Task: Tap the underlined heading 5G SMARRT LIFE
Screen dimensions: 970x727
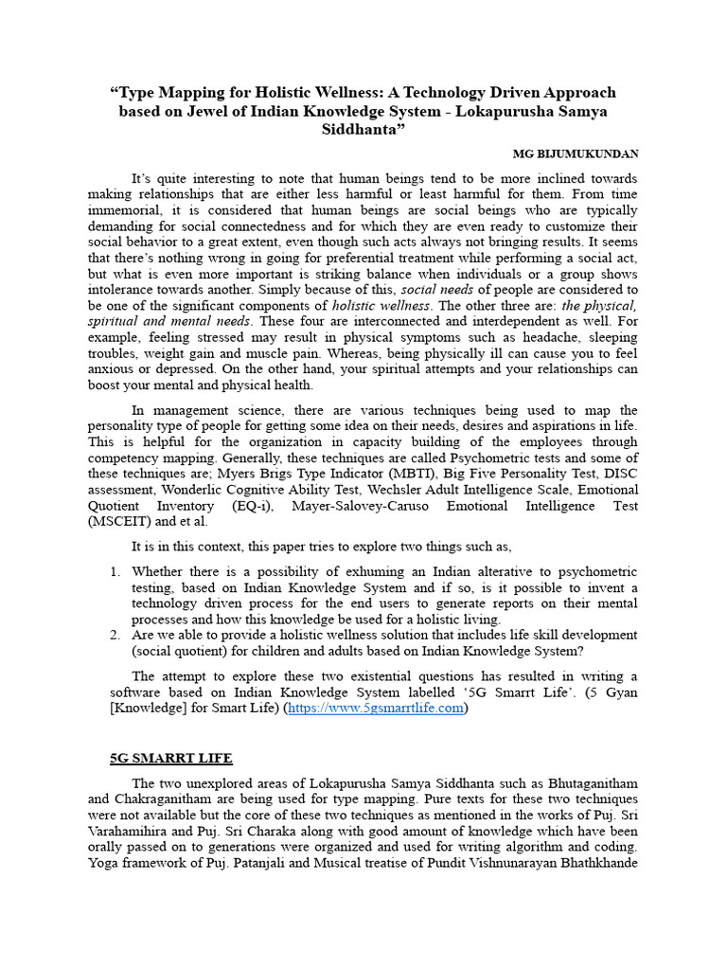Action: point(171,759)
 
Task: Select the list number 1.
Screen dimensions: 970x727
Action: point(115,571)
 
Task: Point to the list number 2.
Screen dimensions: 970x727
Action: point(115,635)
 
